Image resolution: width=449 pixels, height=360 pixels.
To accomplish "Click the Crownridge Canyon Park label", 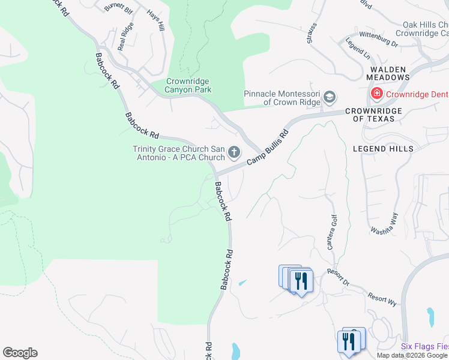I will pos(188,86).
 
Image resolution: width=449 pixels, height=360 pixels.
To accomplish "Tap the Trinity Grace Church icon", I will pos(234,153).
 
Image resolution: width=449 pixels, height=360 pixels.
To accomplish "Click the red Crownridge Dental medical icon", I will pos(376,94).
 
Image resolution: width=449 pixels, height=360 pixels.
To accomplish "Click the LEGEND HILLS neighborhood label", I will pos(383,149).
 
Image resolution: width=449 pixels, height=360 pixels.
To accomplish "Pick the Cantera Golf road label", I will pos(331,233).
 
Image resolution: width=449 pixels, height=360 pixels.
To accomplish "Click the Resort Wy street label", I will pos(383,298).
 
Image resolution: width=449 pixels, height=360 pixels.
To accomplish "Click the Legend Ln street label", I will pos(358,49).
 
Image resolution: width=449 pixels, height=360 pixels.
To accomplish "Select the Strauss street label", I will pos(311,35).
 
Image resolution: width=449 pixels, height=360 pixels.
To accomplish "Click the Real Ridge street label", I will pos(125,38).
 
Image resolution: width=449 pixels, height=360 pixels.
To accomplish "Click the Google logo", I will pos(20,353).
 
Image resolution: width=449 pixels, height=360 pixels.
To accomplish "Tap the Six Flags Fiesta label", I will pos(424,346).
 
